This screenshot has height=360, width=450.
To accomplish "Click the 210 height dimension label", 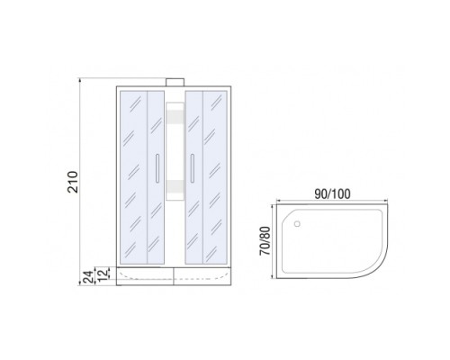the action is point(73,182).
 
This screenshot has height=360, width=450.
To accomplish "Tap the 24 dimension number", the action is point(87,277).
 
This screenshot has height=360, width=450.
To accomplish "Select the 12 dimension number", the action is point(103,275).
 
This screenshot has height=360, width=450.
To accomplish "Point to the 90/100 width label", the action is point(332,194).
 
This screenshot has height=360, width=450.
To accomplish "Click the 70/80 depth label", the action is point(265,241).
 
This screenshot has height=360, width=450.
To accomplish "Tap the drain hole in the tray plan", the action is point(297,223).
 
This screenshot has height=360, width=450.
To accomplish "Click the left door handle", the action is point(157,168).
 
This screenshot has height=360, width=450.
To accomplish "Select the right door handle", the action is point(192,168).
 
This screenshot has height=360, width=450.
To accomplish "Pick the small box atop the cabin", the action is point(175,82).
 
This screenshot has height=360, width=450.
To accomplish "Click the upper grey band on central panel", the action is point(175,115).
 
